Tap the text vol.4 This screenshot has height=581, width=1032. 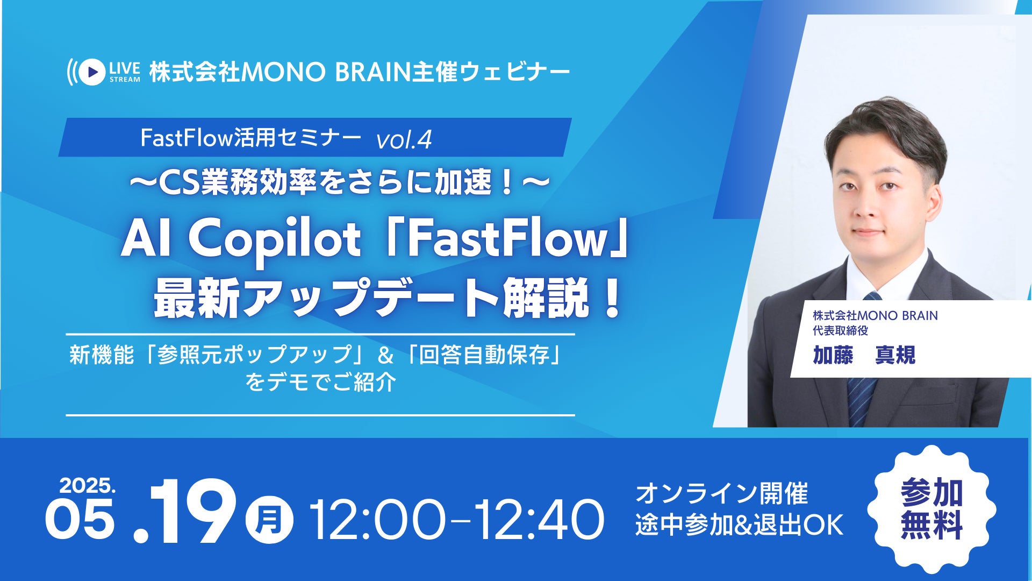pos(404,140)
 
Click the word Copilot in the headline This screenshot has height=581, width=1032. pos(275,240)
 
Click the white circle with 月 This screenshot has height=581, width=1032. pos(269,520)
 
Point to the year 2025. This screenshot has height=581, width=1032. pos(88,486)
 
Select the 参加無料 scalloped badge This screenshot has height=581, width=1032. pos(931,509)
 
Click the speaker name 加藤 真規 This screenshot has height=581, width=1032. pos(864,356)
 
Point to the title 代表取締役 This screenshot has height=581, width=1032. pos(840,330)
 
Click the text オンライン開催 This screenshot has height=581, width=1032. pos(721,494)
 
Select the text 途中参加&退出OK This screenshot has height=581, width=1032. pos(739,525)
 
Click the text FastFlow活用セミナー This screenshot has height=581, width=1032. pos(250,138)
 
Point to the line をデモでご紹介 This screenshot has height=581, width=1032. pos(321,382)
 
